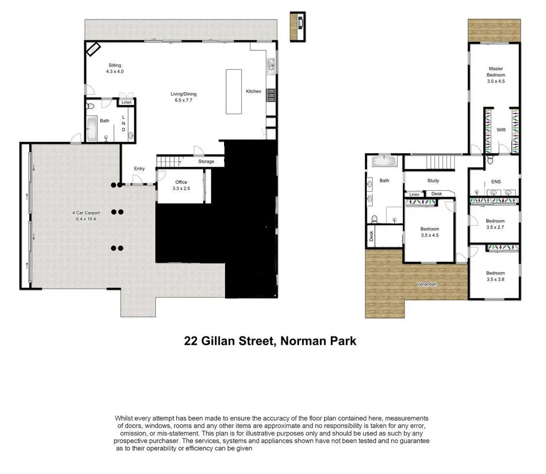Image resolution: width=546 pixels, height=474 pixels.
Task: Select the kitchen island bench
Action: tap(234, 91)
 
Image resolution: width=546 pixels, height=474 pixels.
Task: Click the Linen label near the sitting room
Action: tap(126, 102)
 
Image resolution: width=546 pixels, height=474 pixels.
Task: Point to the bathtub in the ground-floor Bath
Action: tap(92, 128)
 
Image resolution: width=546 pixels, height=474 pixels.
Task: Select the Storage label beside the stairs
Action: tap(206, 161)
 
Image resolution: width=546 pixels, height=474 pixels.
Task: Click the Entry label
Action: tap(139, 169)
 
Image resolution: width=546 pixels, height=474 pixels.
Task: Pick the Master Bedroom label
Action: tap(496, 72)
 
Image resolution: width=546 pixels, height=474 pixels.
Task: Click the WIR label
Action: tap(501, 130)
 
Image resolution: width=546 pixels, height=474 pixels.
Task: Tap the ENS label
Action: tap(496, 182)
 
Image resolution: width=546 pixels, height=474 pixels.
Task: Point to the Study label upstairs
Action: tap(433, 181)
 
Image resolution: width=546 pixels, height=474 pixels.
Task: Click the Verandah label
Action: tap(426, 284)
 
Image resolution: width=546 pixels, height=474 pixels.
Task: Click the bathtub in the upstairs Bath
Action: tap(385, 161)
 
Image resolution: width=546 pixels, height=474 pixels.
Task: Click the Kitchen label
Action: tap(253, 91)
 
